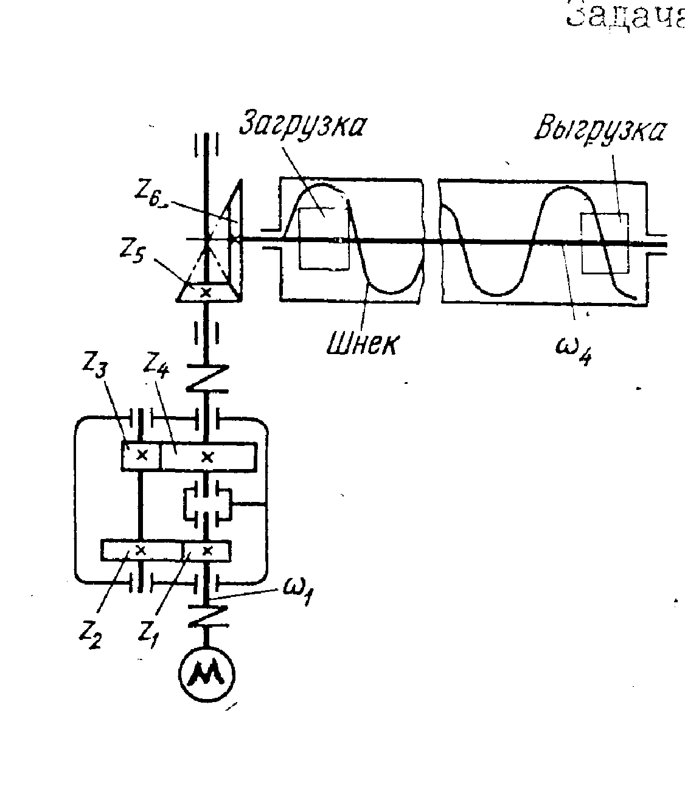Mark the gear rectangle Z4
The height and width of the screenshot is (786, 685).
(208, 456)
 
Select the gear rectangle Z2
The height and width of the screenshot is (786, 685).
(141, 551)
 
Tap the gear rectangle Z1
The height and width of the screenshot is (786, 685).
(207, 551)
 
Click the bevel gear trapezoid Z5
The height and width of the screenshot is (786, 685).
(206, 293)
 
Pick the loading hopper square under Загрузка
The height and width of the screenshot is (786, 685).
(323, 238)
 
